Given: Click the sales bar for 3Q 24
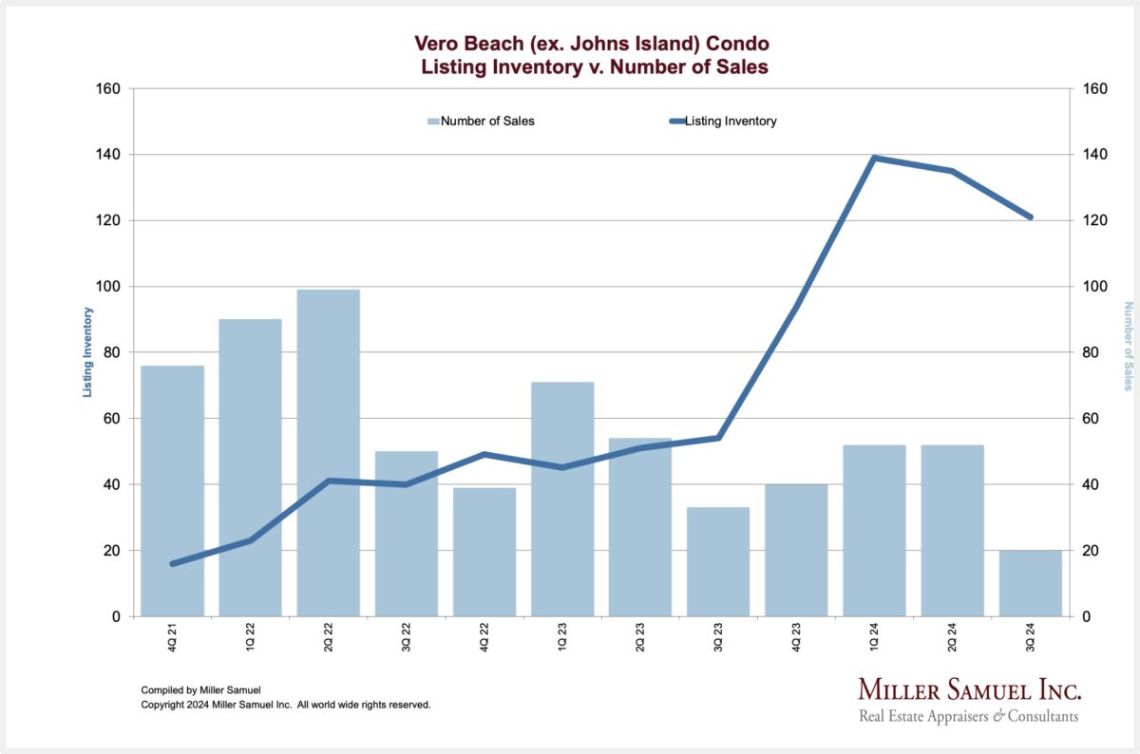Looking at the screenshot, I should click(x=1030, y=583).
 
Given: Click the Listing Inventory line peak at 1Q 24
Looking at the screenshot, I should click(x=874, y=158).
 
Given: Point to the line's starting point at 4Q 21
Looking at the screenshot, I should click(x=173, y=564).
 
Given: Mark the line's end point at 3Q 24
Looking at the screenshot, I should click(x=1031, y=217).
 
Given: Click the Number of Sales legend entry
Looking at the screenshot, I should click(x=481, y=122).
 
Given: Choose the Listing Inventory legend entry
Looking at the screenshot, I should click(x=723, y=122).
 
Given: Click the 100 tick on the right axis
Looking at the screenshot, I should click(x=1094, y=287).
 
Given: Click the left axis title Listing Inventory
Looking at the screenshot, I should click(x=87, y=351).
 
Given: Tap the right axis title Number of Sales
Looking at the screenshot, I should click(x=1129, y=346).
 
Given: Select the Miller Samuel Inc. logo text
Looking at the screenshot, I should click(x=969, y=689).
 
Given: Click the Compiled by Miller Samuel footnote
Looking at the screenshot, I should click(x=199, y=689).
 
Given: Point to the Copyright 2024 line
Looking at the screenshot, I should click(x=286, y=705).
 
